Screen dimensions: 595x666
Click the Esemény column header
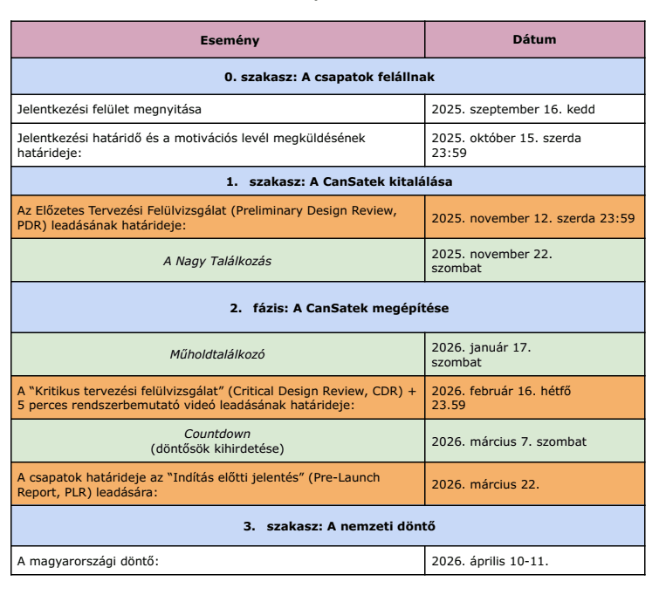click(x=218, y=40)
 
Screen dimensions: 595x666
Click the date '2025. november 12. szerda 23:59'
click(x=533, y=215)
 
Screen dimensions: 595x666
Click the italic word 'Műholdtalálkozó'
click(x=217, y=354)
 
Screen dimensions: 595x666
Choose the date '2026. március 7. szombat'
click(x=509, y=441)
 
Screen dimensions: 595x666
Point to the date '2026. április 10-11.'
click(x=490, y=560)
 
